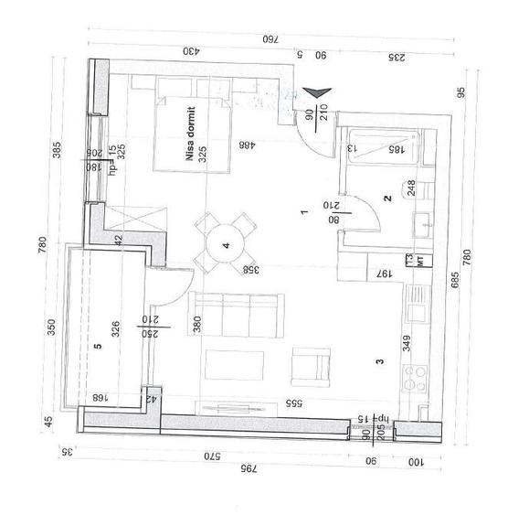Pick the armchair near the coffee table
(310, 368)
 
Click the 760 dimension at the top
(270, 39)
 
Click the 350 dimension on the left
(52, 326)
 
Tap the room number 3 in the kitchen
(378, 362)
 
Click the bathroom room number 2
(386, 198)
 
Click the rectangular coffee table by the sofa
(225, 365)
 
